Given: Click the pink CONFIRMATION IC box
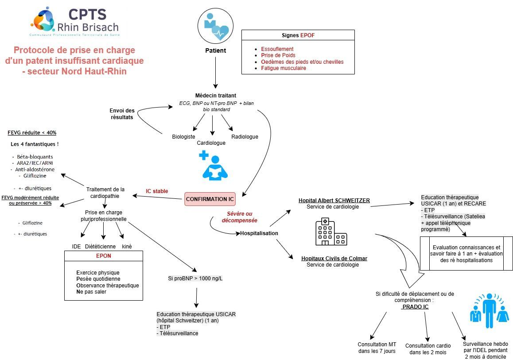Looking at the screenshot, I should (210, 199).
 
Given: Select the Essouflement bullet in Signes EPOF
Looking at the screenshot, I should (277, 49).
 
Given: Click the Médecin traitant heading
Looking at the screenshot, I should (216, 96).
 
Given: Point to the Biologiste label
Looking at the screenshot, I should (183, 137).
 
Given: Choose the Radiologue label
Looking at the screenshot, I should (245, 137).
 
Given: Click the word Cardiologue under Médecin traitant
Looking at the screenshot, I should (211, 143).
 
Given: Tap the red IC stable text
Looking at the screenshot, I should (157, 191).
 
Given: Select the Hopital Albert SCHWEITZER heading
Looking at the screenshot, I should (334, 201).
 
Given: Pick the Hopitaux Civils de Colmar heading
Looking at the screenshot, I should (334, 259).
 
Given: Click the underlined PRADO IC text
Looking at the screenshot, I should (415, 306).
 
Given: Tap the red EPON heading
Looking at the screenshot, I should (104, 256).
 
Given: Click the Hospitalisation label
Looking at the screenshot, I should (259, 233).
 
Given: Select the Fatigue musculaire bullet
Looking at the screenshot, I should (284, 68).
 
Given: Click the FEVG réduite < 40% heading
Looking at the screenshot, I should (32, 133).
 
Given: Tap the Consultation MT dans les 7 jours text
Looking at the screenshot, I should (377, 348).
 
